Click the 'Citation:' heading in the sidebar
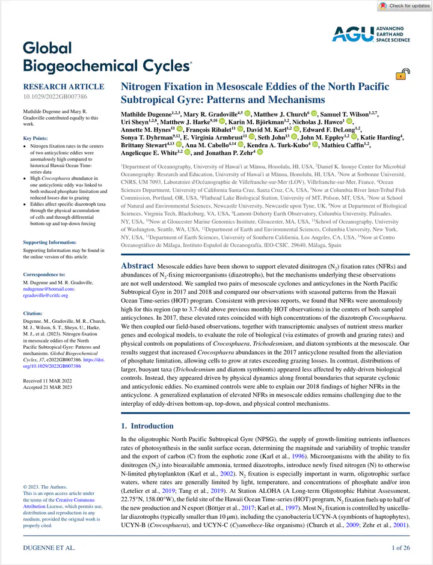pos(33,313)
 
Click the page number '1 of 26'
pos(401,548)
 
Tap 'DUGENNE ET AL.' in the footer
pos(49,548)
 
